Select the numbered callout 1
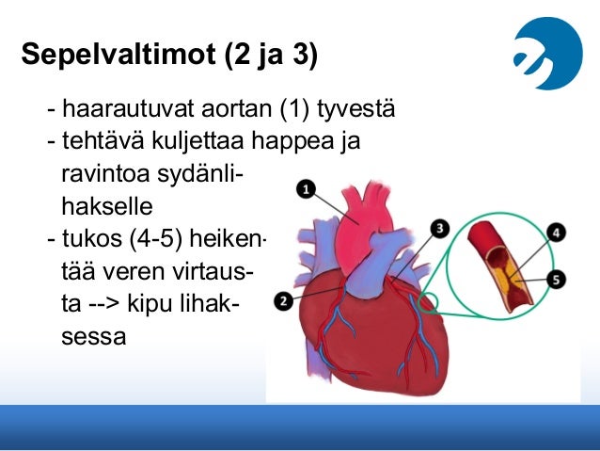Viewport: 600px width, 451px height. (305, 191)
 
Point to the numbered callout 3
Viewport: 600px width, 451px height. (439, 229)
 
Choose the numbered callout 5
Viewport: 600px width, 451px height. (557, 279)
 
